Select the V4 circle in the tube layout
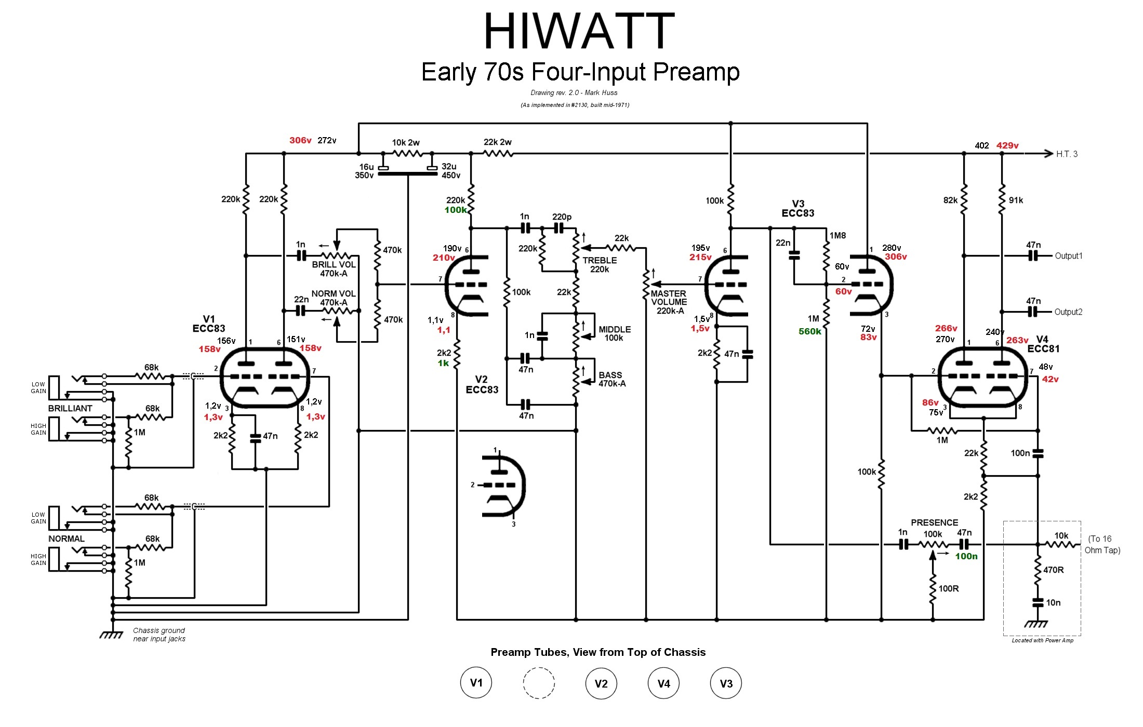click(x=663, y=683)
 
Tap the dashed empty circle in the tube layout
click(x=539, y=683)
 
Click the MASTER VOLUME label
click(x=669, y=302)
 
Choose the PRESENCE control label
click(x=934, y=522)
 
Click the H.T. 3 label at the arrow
click(x=1067, y=154)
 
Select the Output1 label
click(x=1068, y=256)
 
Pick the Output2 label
click(x=1068, y=312)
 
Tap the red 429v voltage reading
click(x=1007, y=145)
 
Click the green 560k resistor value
click(x=810, y=331)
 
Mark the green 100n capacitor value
click(x=966, y=556)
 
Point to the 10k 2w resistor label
click(x=405, y=142)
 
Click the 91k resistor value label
click(x=1016, y=200)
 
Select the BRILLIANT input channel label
click(x=70, y=408)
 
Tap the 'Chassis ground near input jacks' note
click(x=159, y=635)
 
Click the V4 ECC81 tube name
click(x=1043, y=344)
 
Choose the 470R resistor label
click(x=1053, y=570)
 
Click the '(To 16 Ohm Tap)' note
click(x=1102, y=544)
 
